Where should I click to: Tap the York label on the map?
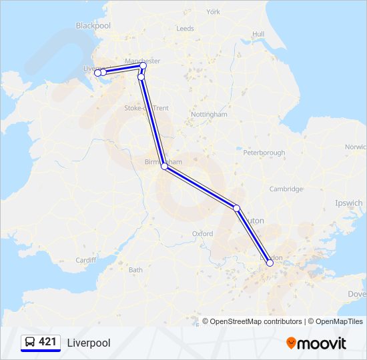[x=214, y=12]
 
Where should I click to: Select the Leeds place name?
[x=185, y=29]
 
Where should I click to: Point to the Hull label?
[x=258, y=34]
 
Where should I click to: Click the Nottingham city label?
[x=209, y=115]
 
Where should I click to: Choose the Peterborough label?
[x=264, y=153]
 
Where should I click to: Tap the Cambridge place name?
[x=286, y=189]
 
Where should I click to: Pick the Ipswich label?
[x=349, y=203]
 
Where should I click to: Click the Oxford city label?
[x=203, y=234]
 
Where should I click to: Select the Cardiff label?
[x=86, y=260]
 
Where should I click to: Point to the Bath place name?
[x=135, y=270]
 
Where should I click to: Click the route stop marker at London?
[x=270, y=263]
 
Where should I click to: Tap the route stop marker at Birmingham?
[x=164, y=167]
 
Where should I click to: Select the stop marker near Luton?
[x=236, y=208]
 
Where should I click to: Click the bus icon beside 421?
[x=30, y=342]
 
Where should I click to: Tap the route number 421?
[x=47, y=342]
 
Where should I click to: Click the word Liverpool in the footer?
[x=89, y=343]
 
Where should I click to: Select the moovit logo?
[x=316, y=343]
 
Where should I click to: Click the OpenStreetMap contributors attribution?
[x=252, y=321]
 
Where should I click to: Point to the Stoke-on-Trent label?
[x=147, y=108]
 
